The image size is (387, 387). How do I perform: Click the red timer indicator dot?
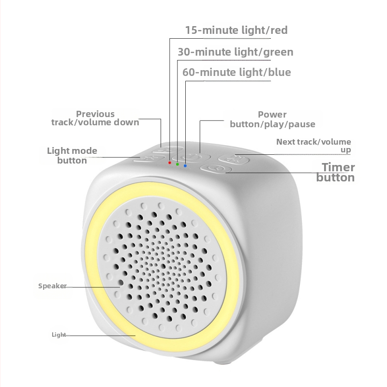pyautogui.click(x=170, y=163)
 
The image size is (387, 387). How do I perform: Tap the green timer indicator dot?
pyautogui.click(x=177, y=164)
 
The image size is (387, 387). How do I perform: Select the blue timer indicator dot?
pyautogui.click(x=185, y=165)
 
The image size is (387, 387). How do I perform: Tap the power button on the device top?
pyautogui.click(x=191, y=158)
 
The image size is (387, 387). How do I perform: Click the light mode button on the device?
pyautogui.click(x=149, y=159)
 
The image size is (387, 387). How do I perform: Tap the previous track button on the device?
pyautogui.click(x=167, y=149)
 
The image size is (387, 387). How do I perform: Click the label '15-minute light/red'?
pyautogui.click(x=236, y=30)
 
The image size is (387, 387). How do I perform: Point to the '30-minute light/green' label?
pyautogui.click(x=236, y=52)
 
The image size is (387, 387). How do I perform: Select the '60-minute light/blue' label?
pyautogui.click(x=237, y=72)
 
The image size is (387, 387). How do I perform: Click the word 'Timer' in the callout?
pyautogui.click(x=338, y=167)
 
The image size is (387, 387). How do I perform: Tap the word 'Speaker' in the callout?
pyautogui.click(x=52, y=286)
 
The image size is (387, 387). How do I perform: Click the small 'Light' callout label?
pyautogui.click(x=59, y=334)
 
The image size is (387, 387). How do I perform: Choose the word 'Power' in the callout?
pyautogui.click(x=272, y=115)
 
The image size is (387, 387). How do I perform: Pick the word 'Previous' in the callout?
pyautogui.click(x=95, y=114)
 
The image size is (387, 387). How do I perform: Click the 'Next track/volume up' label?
pyautogui.click(x=313, y=146)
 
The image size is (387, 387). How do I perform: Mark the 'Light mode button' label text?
pyautogui.click(x=72, y=155)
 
